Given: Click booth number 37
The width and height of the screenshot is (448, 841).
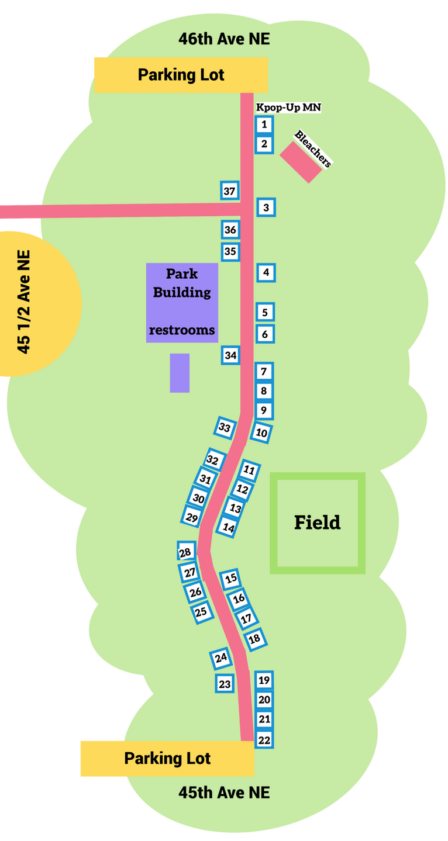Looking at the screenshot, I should [229, 191].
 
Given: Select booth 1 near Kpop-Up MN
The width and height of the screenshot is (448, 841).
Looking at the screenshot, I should [264, 124].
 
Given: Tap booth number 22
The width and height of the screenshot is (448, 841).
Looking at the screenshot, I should [264, 740].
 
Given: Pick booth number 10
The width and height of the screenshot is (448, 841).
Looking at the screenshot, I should [261, 433].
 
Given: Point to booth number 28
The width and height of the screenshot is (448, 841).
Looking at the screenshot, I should [185, 552].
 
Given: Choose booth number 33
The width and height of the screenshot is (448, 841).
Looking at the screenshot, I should [225, 428].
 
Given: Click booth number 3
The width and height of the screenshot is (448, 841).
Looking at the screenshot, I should [266, 207].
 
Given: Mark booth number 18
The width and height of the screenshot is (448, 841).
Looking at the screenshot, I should [254, 639].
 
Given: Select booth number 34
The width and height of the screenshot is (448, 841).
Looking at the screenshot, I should [230, 355].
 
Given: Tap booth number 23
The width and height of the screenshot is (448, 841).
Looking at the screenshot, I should [225, 683].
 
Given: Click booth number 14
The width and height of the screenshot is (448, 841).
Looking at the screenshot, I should [229, 527].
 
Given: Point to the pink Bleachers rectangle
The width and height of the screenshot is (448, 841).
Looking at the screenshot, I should [301, 162].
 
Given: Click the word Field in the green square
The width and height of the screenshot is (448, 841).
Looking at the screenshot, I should [317, 522].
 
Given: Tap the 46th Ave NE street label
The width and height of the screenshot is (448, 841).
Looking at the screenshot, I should [224, 40].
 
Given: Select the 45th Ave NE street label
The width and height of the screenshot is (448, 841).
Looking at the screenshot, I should [224, 792].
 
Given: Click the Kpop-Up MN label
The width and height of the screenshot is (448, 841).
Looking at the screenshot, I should [289, 108].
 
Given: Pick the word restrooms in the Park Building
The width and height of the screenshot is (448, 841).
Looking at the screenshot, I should [182, 330].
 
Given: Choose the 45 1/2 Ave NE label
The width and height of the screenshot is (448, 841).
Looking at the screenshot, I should [24, 302].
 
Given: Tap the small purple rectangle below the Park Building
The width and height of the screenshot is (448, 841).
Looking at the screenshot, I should [180, 373].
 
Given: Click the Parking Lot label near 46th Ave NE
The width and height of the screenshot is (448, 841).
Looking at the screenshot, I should [181, 75].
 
